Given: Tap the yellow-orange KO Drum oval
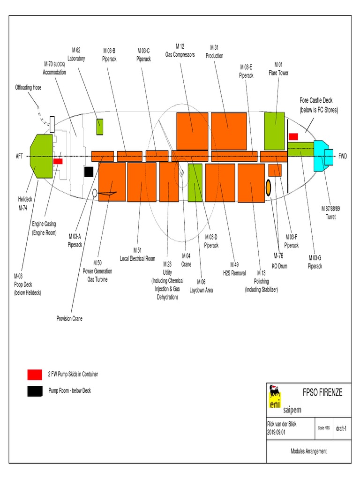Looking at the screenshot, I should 269,187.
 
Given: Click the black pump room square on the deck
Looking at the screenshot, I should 89,172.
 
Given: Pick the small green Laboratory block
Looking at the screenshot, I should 100,127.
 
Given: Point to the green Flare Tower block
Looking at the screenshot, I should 275,131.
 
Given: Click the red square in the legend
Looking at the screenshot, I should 35,375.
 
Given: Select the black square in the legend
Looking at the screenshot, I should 35,391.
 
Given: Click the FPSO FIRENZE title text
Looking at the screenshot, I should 322,393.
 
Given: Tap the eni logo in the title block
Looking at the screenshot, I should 273,399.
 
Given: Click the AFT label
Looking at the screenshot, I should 19,156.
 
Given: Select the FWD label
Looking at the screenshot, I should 343,156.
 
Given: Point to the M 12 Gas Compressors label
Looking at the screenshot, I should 180,50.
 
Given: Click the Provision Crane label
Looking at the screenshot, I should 69,319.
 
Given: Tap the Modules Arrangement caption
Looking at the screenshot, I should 308,451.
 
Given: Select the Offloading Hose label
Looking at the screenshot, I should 29,88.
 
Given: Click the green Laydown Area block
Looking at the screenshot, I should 195,183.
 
